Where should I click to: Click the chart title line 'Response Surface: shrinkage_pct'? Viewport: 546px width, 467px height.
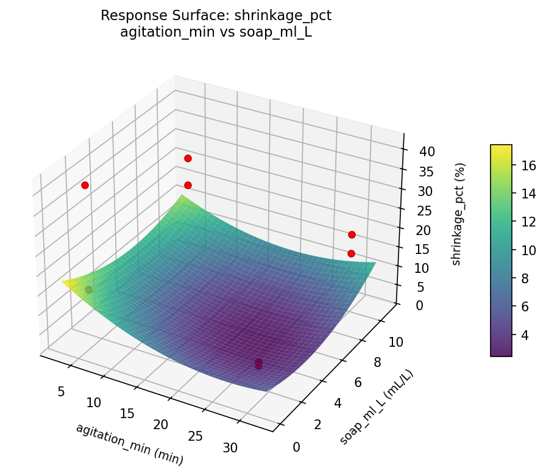pyautogui.click(x=216, y=16)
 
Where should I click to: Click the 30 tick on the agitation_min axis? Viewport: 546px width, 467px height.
pyautogui.click(x=230, y=448)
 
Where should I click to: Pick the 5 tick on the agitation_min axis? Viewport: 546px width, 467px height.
pyautogui.click(x=61, y=391)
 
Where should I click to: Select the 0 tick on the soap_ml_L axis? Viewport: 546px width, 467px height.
pyautogui.click(x=297, y=447)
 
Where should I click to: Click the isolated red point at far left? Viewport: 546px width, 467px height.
pyautogui.click(x=85, y=185)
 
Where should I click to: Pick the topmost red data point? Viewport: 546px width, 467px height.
pyautogui.click(x=188, y=158)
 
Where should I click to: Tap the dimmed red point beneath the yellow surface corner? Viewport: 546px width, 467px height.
pyautogui.click(x=88, y=289)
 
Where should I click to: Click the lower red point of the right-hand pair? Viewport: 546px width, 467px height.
pyautogui.click(x=351, y=253)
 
